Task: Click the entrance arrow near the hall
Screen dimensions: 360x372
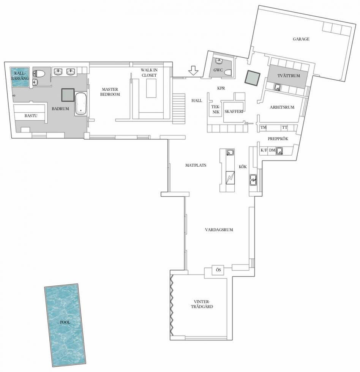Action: click(193, 71)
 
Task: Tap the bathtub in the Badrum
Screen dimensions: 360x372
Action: click(81, 103)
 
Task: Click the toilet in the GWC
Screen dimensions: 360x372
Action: click(228, 73)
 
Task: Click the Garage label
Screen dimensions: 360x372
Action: click(301, 39)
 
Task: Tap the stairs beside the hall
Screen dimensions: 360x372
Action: click(178, 109)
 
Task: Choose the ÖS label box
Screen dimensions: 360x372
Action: click(218, 270)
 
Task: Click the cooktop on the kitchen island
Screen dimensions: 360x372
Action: click(230, 178)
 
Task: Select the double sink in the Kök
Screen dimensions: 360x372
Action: click(253, 180)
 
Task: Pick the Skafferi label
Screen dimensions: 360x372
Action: click(234, 111)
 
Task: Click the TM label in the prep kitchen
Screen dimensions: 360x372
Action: click(264, 128)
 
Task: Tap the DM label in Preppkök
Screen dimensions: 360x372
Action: click(272, 150)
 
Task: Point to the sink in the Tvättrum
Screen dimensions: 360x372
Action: click(277, 87)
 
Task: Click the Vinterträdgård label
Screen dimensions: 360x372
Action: click(202, 304)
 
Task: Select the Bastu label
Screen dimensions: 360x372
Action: click(31, 116)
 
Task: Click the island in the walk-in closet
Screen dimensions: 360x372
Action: click(151, 88)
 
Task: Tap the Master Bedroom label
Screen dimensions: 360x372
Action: click(110, 92)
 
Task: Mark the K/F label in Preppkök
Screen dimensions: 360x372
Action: click(264, 150)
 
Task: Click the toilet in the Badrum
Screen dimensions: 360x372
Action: click(39, 74)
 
